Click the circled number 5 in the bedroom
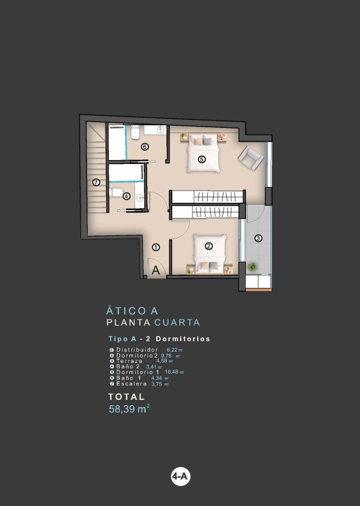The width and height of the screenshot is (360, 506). tap(202, 159)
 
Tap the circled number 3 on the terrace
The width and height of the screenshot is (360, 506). tap(258, 239)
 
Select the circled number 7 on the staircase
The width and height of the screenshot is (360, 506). tap(96, 183)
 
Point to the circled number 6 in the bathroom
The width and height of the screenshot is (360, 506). tap(144, 147)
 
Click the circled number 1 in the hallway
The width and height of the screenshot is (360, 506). tap(156, 248)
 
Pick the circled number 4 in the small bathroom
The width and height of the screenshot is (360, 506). tap(127, 196)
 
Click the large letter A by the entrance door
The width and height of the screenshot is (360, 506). tap(156, 270)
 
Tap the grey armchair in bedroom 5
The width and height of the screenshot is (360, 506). tap(251, 157)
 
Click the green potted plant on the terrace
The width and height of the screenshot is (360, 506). tap(252, 267)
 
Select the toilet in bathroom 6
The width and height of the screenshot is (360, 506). tap(135, 132)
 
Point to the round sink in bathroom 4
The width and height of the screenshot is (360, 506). tap(140, 198)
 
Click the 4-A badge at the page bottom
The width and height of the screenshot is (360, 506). tap(180, 476)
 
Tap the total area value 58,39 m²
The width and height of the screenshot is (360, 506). tap(129, 409)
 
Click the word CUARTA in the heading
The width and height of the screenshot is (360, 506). tap(177, 322)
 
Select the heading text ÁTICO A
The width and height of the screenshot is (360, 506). tap(132, 311)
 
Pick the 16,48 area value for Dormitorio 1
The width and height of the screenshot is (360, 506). tap(172, 372)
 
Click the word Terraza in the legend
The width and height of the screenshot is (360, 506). tap(129, 361)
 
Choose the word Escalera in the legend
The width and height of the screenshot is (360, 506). tap(131, 383)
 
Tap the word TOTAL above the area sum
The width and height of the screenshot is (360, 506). tap(126, 397)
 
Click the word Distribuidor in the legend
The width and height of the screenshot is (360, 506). tap(137, 349)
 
